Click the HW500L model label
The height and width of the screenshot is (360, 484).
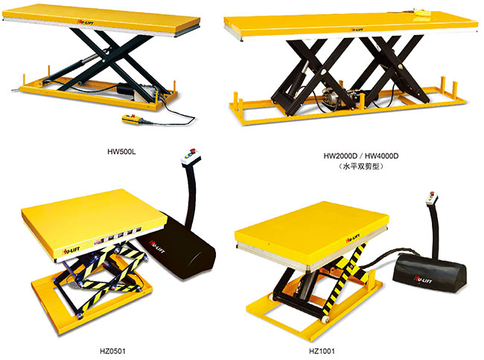tap(121, 152)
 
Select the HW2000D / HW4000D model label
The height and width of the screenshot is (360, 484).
tap(361, 156)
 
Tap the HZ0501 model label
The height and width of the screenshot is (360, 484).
tap(112, 351)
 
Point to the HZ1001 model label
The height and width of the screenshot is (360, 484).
tap(322, 351)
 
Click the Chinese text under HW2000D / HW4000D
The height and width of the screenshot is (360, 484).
tap(361, 166)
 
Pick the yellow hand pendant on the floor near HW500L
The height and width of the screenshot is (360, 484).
tap(133, 119)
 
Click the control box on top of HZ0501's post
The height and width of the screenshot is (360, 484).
tap(191, 157)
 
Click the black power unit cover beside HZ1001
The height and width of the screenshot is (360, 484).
tap(430, 273)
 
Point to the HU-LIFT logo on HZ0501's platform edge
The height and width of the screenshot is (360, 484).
tap(71, 250)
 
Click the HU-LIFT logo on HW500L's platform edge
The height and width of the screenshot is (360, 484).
tap(85, 22)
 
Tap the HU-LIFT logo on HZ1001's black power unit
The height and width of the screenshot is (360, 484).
tap(423, 280)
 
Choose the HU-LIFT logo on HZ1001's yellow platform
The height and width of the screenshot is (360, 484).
tap(353, 239)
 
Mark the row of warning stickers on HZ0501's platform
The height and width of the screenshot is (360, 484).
tap(118, 236)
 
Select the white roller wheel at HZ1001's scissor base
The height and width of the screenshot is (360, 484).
tap(325, 319)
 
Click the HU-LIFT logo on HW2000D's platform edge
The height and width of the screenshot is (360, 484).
tap(357, 30)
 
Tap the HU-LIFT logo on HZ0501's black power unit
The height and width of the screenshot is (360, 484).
tap(157, 246)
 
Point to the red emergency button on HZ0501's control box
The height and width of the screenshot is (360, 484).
tap(194, 151)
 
